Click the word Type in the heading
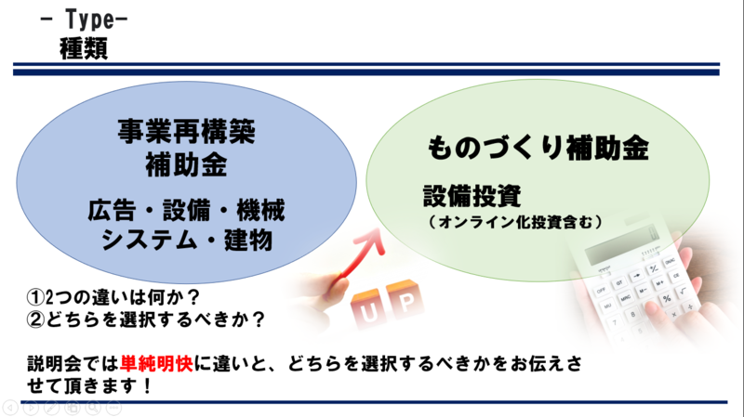coord(89,20)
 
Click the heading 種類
coord(84,48)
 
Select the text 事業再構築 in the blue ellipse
coord(187,131)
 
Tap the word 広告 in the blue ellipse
coord(112,211)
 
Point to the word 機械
coord(260,211)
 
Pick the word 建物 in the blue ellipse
coord(248,240)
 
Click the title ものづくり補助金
coord(538,148)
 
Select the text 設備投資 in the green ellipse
coord(472,196)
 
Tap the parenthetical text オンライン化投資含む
coord(515,222)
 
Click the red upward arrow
coord(363,256)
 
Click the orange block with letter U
coord(366,309)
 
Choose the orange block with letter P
coord(405,299)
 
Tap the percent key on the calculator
coord(667,298)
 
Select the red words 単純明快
coord(156,364)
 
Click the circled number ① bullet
coord(35,297)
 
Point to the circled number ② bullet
coord(35,319)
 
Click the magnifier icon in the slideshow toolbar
coord(93,407)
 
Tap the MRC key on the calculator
coord(625,297)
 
